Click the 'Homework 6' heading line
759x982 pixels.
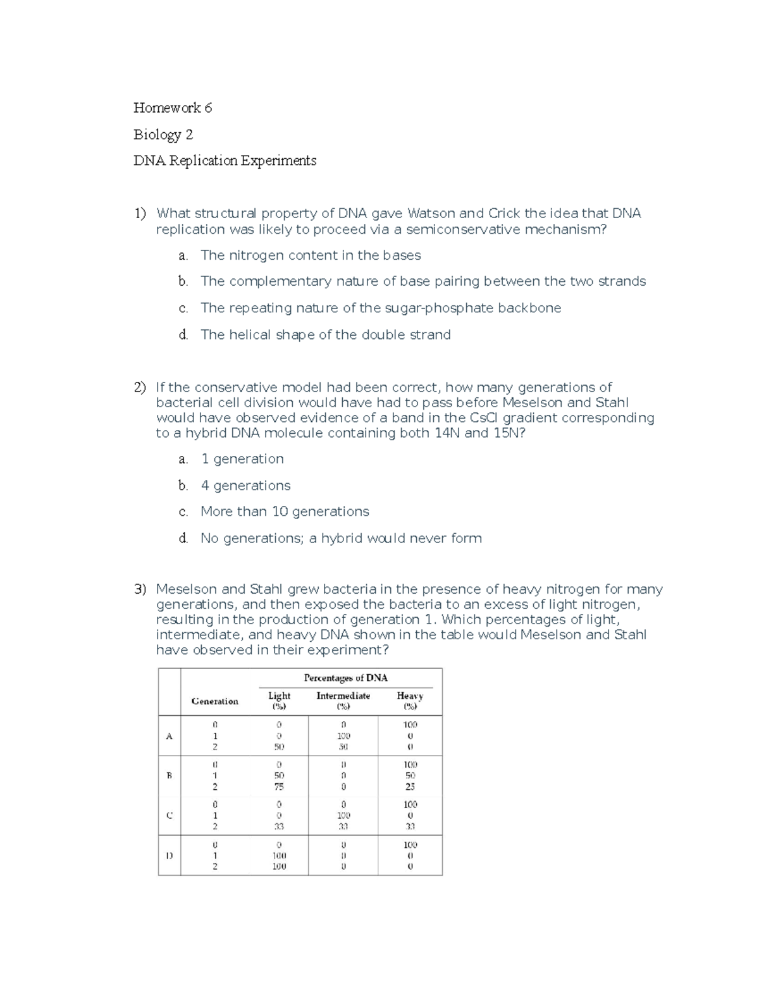pyautogui.click(x=172, y=108)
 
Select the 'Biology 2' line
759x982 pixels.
pyautogui.click(x=163, y=135)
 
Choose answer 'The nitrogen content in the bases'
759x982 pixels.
pyautogui.click(x=310, y=255)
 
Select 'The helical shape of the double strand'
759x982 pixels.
pyautogui.click(x=325, y=335)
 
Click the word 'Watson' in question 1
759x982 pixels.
pyautogui.click(x=431, y=214)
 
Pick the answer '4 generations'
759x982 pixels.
pyautogui.click(x=245, y=486)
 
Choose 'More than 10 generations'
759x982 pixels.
pyautogui.click(x=285, y=512)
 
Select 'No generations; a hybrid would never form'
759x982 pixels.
pyautogui.click(x=341, y=539)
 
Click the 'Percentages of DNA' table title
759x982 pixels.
pyautogui.click(x=345, y=678)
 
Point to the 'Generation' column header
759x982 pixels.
pyautogui.click(x=215, y=701)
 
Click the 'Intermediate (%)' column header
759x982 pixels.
pyautogui.click(x=343, y=701)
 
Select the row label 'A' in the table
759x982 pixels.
pyautogui.click(x=169, y=736)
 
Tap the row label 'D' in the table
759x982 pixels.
pyautogui.click(x=169, y=856)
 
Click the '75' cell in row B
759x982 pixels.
pyautogui.click(x=279, y=787)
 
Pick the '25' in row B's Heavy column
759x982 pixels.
pyautogui.click(x=410, y=787)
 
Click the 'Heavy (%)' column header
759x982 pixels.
pyautogui.click(x=410, y=701)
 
